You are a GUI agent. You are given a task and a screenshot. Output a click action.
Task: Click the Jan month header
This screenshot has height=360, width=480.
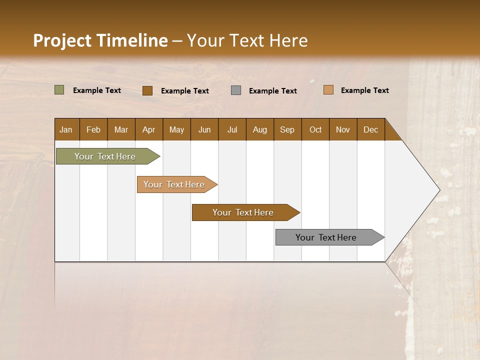(x=66, y=129)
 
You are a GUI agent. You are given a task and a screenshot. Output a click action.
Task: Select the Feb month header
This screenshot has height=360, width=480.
(x=93, y=129)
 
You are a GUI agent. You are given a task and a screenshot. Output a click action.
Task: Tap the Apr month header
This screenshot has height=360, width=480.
(x=148, y=129)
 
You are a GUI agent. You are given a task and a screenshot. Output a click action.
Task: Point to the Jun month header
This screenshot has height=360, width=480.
(x=204, y=129)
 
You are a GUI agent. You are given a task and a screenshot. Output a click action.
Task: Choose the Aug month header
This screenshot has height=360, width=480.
(x=259, y=129)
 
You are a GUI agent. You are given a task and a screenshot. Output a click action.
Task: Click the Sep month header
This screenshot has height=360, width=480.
(x=287, y=129)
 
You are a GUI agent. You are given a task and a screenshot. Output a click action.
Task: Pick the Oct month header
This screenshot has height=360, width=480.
(x=315, y=129)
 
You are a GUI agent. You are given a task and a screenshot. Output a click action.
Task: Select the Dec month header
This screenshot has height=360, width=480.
(x=370, y=129)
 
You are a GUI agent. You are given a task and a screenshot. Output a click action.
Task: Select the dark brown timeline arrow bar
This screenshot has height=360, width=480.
(x=243, y=212)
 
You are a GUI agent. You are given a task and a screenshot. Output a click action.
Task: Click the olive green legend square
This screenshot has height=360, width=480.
(x=59, y=90)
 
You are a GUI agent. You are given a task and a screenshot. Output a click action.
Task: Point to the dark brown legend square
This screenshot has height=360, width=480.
(x=147, y=90)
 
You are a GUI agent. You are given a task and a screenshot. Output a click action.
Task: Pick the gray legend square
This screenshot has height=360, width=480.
(x=236, y=90)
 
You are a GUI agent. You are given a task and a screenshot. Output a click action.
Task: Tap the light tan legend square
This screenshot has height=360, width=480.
(x=328, y=90)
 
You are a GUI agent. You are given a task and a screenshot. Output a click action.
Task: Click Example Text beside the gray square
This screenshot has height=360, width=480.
(x=273, y=91)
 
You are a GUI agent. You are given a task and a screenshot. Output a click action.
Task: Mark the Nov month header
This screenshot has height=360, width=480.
(x=343, y=129)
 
